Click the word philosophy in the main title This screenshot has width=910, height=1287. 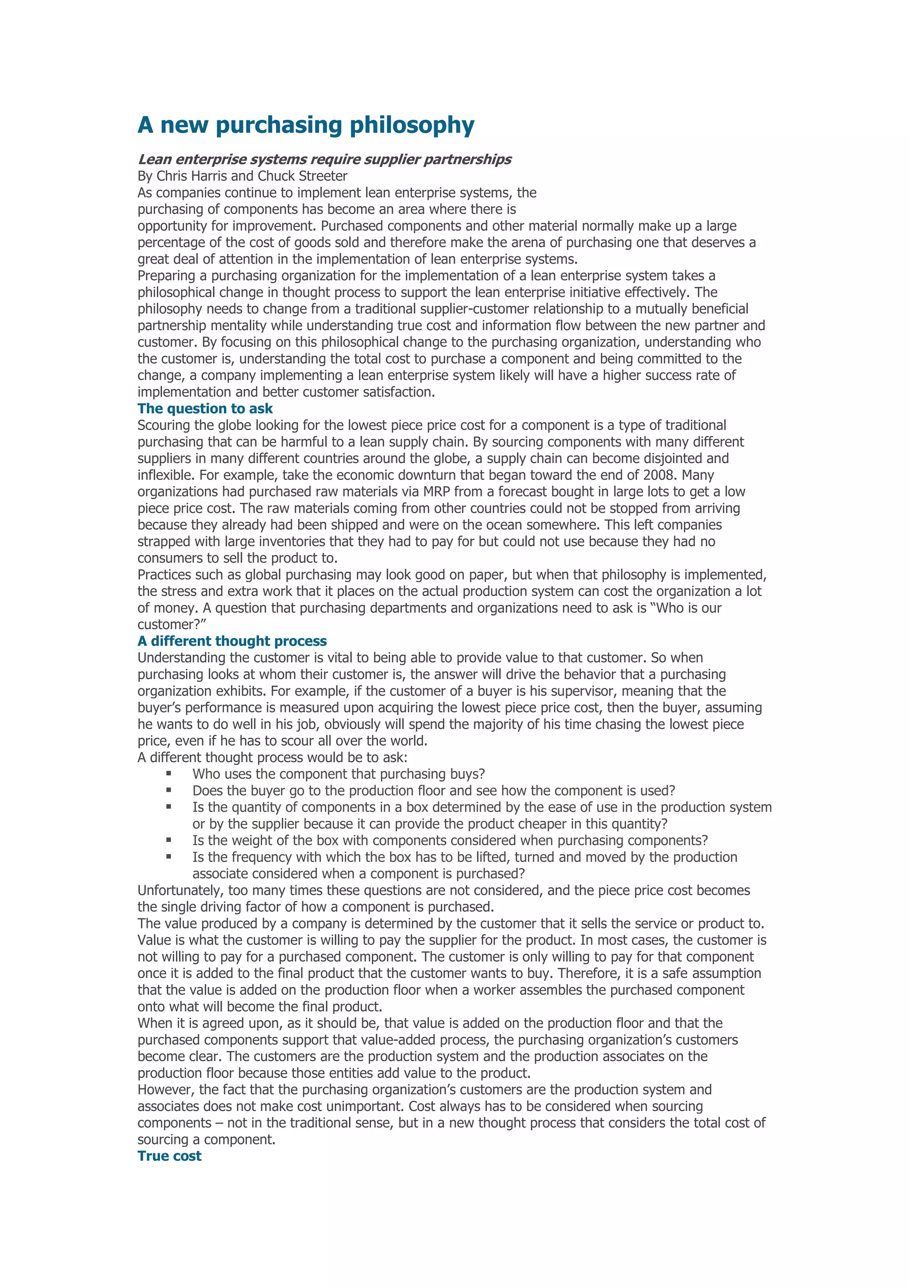[x=412, y=125]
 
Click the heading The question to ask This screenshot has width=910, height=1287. [x=205, y=409]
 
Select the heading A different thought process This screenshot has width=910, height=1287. [x=232, y=641]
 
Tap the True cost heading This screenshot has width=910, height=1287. [x=169, y=1156]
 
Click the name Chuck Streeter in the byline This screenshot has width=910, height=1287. [x=303, y=176]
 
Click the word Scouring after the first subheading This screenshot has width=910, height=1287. [x=164, y=425]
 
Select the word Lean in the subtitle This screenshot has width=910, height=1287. [x=154, y=160]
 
